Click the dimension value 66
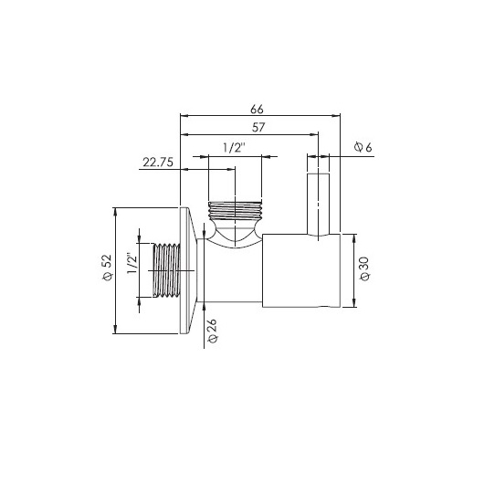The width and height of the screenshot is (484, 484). click(x=257, y=109)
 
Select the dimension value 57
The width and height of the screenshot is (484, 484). click(x=258, y=127)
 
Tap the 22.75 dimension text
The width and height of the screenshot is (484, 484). click(x=158, y=162)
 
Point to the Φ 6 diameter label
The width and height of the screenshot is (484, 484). click(x=363, y=147)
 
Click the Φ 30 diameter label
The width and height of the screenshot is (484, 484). click(x=364, y=268)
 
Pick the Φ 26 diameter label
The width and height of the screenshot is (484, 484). click(x=213, y=331)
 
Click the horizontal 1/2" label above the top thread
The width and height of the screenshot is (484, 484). click(x=235, y=148)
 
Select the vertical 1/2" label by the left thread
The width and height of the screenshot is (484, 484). click(x=132, y=263)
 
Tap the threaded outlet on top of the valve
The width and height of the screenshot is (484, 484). click(x=235, y=211)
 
